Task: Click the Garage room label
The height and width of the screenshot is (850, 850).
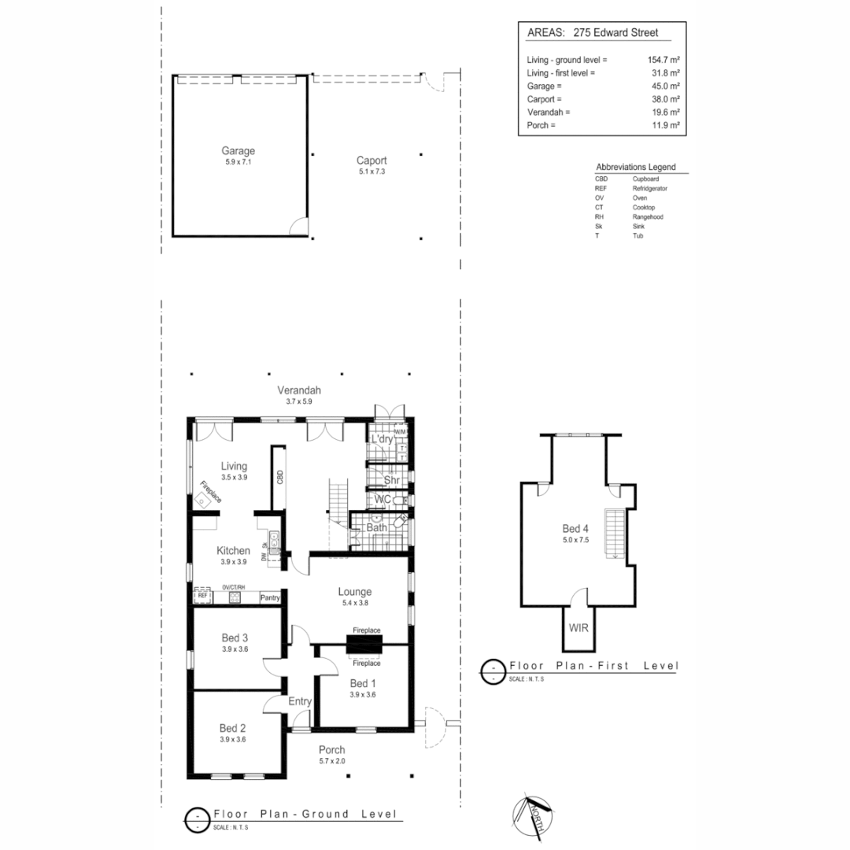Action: coord(238,150)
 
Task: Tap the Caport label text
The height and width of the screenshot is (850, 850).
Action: coord(371,161)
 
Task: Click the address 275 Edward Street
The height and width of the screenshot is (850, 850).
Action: coord(617,33)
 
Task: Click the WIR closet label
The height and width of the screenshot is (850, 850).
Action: coord(578,629)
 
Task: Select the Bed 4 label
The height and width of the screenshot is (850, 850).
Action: coord(575,528)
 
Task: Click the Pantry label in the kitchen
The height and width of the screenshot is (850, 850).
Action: coord(270,598)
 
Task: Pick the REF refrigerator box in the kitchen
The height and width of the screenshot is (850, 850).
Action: coord(203,597)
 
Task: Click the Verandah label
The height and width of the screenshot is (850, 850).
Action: coord(299,390)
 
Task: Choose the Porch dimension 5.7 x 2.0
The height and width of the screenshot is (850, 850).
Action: coord(331,761)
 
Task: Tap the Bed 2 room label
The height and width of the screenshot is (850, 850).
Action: coord(234,728)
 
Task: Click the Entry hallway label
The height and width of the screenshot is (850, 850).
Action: coord(301,702)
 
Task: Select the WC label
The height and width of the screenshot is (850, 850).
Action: coord(383,500)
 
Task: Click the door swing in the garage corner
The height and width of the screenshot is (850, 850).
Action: coord(298,227)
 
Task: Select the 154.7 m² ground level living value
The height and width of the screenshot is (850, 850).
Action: coord(662,60)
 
